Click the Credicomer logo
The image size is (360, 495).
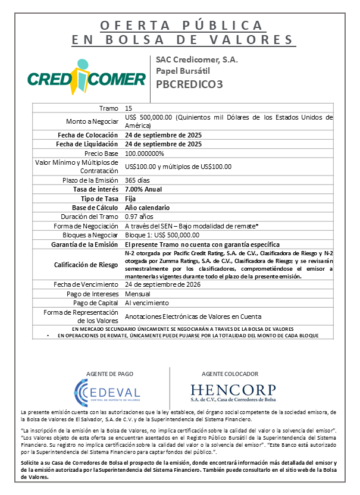pyautogui.click(x=87, y=78)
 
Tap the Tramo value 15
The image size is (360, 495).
pyautogui.click(x=129, y=108)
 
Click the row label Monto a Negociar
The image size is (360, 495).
pyautogui.click(x=92, y=121)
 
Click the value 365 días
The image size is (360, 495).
pyautogui.click(x=137, y=180)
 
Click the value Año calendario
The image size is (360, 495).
pyautogui.click(x=148, y=208)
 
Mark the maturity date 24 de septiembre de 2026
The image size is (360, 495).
pyautogui.click(x=162, y=284)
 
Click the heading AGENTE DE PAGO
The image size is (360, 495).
pyautogui.click(x=107, y=374)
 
